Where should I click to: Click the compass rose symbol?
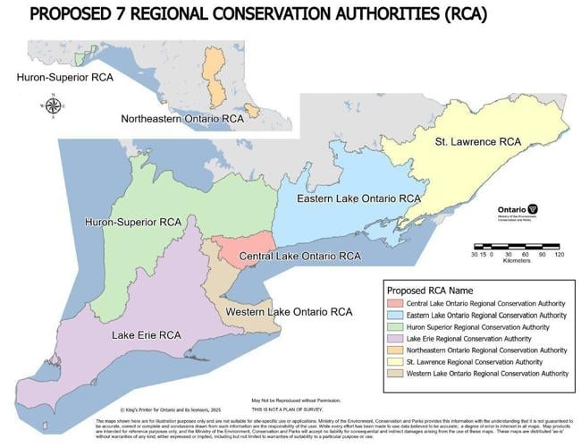coord(53,106)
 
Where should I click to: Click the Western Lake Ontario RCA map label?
coord(289,312)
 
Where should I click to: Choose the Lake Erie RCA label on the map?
coord(147,335)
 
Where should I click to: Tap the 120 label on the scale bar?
coord(560,255)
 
